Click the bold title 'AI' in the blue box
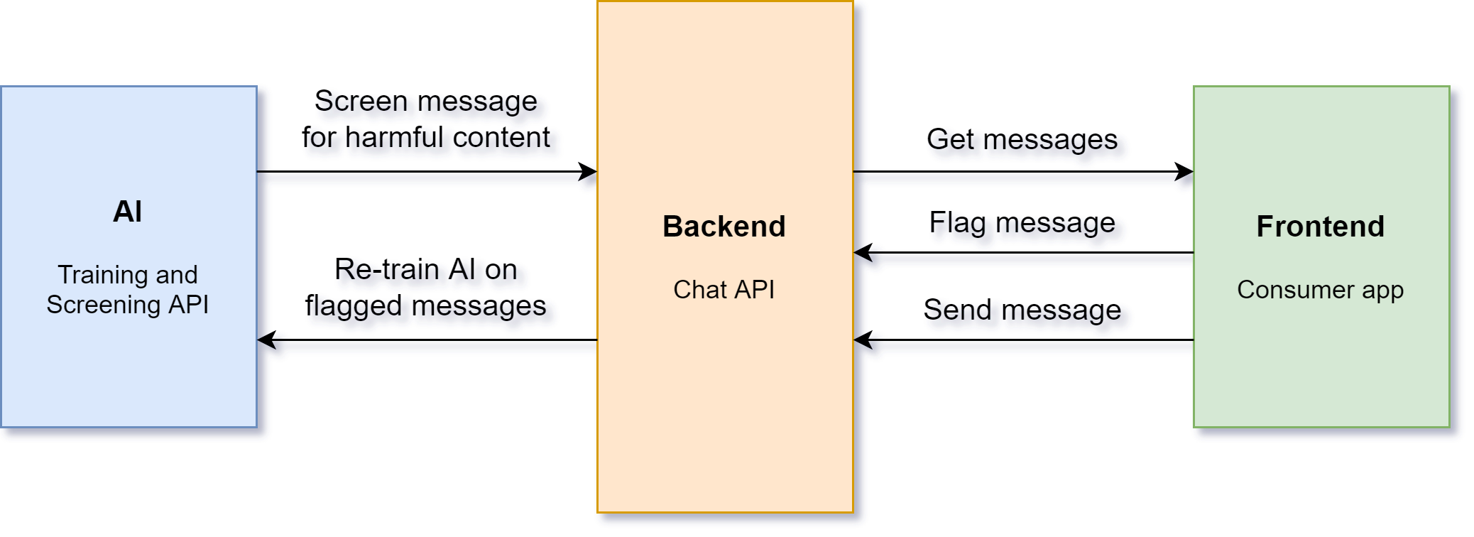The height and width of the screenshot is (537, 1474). (128, 212)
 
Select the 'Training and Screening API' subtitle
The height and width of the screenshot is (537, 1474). (128, 290)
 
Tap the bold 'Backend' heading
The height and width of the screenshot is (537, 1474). (724, 227)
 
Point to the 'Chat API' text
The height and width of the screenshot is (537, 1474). (724, 290)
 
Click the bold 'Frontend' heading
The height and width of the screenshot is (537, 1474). (1321, 227)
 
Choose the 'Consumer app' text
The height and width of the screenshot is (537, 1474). (1321, 290)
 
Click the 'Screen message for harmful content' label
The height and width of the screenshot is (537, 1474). (426, 119)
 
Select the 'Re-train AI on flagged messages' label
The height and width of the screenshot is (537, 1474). (426, 288)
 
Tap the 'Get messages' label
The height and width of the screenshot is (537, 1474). (1022, 140)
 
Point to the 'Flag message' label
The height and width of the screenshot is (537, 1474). (1022, 223)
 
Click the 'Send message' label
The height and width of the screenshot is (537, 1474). (1022, 310)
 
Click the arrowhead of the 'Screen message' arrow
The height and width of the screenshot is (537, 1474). (589, 171)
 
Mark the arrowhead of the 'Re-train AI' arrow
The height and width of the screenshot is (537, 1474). (266, 340)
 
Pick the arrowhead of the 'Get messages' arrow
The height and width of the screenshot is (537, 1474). (1186, 171)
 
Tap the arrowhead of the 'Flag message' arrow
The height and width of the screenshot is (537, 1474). (862, 252)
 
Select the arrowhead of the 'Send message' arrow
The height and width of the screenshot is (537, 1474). (862, 340)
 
